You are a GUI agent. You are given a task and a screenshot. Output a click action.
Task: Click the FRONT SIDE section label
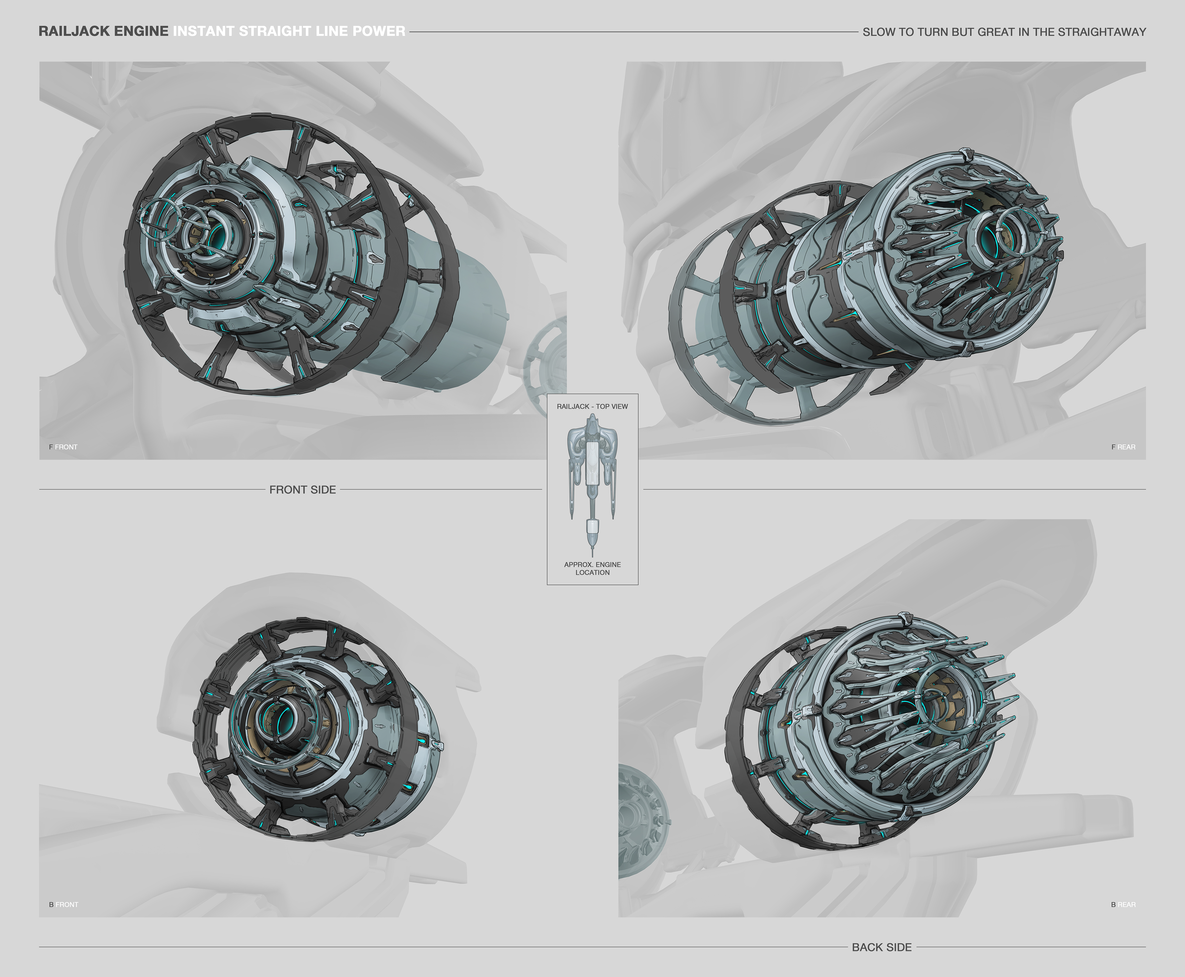[303, 490]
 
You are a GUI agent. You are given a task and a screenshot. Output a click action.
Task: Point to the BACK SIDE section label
[882, 947]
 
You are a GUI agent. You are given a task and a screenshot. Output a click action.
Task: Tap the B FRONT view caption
[64, 904]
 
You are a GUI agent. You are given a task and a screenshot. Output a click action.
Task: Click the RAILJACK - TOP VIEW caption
[592, 406]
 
